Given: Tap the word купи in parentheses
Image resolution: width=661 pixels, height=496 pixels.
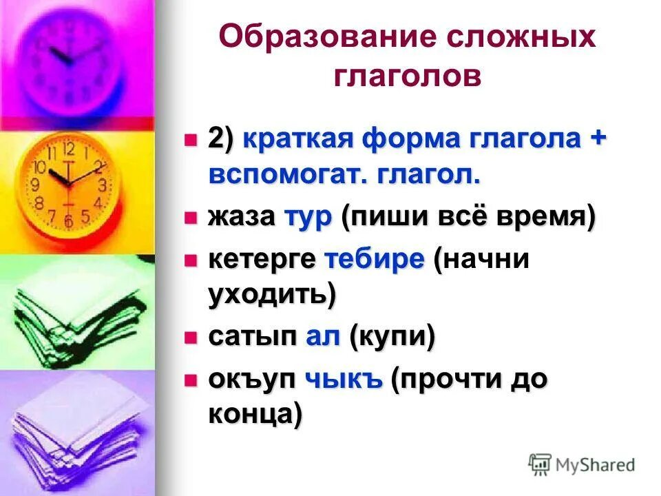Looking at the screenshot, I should click(392, 338).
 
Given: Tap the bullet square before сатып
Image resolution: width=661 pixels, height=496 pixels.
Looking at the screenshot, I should click(191, 338).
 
